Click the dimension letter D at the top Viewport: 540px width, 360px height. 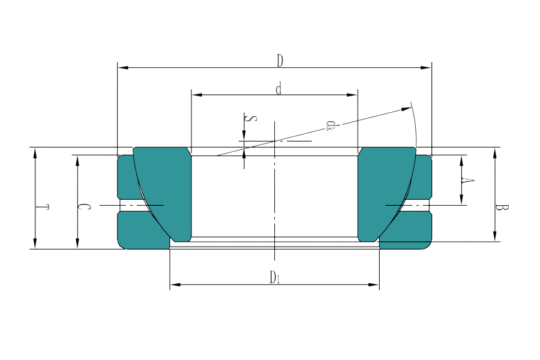click(x=280, y=60)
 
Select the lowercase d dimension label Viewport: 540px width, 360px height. click(x=278, y=89)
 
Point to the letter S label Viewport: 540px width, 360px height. click(x=253, y=118)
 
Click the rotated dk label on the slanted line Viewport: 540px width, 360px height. click(x=330, y=124)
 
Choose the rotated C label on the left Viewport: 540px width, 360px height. click(x=86, y=206)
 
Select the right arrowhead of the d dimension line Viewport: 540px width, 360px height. click(x=353, y=95)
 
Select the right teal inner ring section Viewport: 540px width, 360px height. click(x=384, y=192)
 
